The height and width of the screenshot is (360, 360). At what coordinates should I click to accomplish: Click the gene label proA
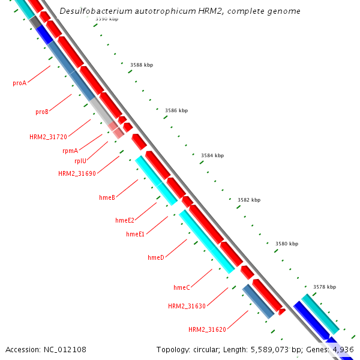19,83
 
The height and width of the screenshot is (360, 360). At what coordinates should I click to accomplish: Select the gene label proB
41,112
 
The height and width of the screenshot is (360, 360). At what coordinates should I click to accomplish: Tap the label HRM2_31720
48,137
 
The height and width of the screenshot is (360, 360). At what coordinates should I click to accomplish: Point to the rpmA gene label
70,151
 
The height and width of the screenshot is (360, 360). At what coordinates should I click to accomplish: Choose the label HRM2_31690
77,173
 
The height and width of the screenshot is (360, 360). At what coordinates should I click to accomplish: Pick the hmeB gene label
107,197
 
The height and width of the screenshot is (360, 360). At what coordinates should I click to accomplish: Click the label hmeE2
125,220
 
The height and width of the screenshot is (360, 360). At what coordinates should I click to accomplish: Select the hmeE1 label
135,234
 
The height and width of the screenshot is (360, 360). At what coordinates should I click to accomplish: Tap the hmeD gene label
155,257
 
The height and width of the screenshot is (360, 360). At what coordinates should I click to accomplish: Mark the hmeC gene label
181,287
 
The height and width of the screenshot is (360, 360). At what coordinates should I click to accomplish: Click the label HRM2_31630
187,306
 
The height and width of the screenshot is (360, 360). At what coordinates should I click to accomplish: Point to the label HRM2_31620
207,329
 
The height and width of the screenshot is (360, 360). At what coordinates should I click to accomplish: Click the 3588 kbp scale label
141,65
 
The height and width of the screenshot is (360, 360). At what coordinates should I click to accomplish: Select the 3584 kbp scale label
212,155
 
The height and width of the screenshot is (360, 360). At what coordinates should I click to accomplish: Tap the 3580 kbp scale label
286,244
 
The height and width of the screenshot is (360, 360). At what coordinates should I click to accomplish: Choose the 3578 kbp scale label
325,287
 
